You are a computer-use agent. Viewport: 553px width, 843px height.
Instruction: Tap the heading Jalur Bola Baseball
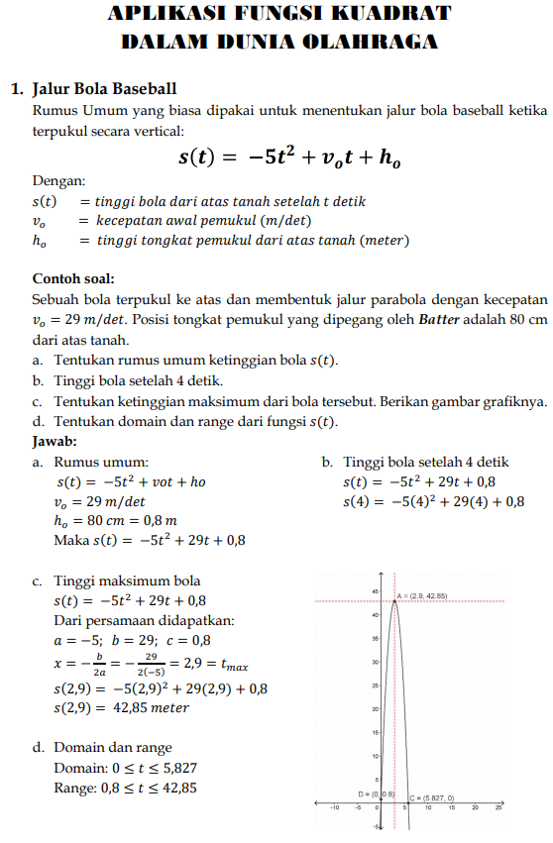point(105,88)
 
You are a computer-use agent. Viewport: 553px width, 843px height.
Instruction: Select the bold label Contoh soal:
point(73,278)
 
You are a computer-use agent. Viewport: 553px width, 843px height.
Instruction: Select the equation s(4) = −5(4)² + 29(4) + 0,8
point(433,501)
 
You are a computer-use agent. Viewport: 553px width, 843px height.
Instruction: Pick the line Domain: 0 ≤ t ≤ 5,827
point(126,768)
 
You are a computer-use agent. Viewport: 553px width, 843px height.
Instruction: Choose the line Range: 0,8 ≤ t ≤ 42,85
point(125,788)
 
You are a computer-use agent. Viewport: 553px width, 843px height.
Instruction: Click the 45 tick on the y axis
point(376,591)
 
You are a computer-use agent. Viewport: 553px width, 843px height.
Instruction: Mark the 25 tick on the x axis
point(498,807)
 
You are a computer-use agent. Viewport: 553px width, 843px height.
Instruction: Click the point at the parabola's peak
point(394,599)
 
